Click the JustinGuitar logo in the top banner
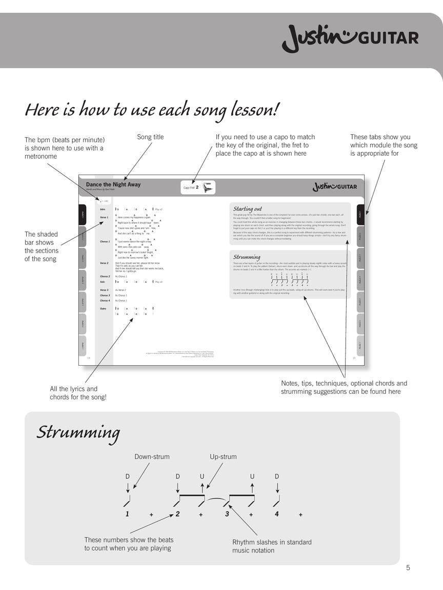[350, 38]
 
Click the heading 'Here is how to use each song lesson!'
[152, 110]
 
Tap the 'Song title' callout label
[150, 137]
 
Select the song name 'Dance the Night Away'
[113, 184]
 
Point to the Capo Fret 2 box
[198, 187]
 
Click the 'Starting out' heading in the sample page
[248, 209]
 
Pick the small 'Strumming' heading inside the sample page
[247, 257]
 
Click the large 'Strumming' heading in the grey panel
[78, 433]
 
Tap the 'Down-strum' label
[152, 457]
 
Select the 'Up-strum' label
[223, 457]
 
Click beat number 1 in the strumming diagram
[127, 514]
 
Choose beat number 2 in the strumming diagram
[177, 514]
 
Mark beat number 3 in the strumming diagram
[227, 514]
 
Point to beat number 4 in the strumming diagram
[277, 514]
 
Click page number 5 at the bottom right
[408, 567]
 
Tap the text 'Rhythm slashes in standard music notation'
[272, 546]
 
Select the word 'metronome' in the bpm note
[41, 156]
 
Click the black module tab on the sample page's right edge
[360, 214]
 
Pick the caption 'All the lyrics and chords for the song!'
[78, 393]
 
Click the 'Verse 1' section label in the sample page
[104, 218]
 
